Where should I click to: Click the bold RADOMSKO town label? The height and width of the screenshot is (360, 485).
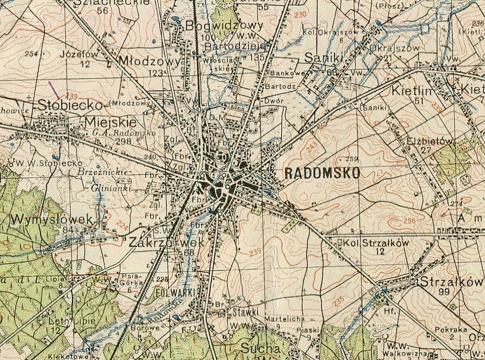click(x=323, y=174)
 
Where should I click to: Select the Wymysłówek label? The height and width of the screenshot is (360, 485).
click(x=50, y=220)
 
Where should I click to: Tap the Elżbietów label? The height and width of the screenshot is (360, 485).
click(x=430, y=140)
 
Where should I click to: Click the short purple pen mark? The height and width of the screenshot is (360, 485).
click(x=54, y=90)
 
